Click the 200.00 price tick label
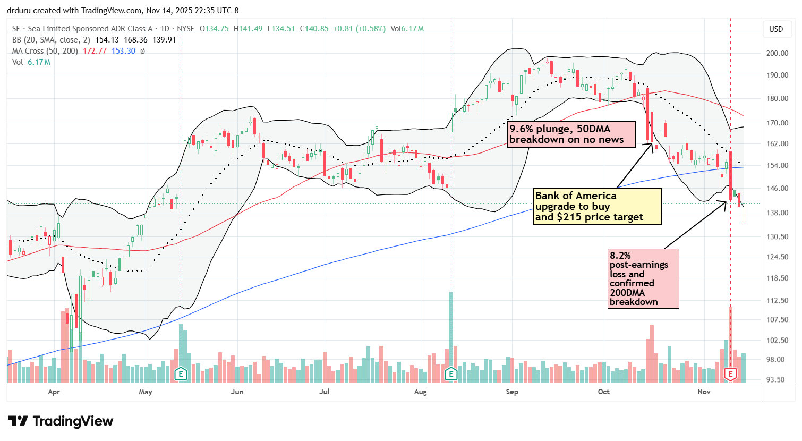click(777, 54)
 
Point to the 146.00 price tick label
click(777, 189)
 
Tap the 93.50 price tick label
click(777, 380)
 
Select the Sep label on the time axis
click(512, 392)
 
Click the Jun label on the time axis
click(237, 392)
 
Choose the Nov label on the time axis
click(704, 392)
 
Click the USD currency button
click(776, 29)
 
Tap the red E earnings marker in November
click(731, 374)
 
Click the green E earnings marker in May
click(181, 374)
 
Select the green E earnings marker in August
click(451, 374)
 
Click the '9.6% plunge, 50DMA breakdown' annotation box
click(571, 134)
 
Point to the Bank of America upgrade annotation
click(598, 206)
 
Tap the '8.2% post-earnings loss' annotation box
click(643, 278)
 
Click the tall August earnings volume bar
click(451, 329)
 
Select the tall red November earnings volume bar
click(731, 337)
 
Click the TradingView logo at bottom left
click(61, 421)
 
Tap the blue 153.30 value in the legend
click(123, 51)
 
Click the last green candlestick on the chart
click(744, 213)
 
